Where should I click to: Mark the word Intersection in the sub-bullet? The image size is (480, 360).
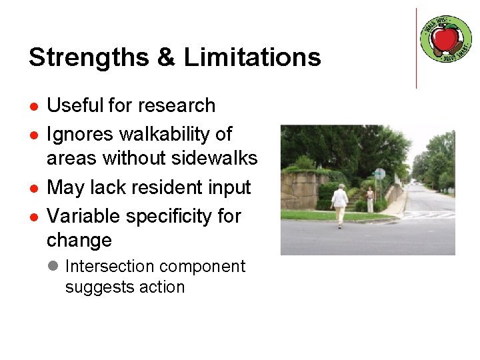coord(109,266)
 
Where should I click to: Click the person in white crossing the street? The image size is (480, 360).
coord(340,204)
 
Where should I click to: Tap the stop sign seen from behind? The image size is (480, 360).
coord(379,174)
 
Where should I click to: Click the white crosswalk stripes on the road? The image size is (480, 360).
coord(427,215)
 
